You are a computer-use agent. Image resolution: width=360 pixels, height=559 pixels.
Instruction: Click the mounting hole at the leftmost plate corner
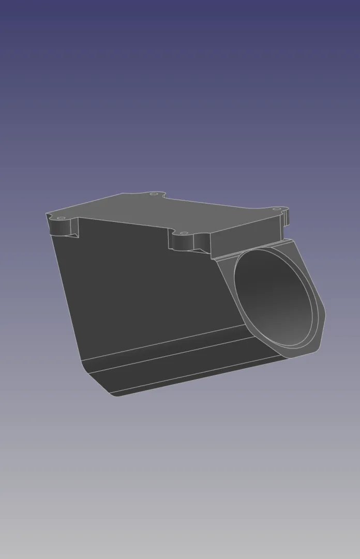click(59, 218)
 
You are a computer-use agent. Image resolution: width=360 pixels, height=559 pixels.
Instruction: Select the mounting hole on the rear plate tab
click(153, 194)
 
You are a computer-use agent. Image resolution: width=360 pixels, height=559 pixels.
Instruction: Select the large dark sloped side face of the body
click(145, 290)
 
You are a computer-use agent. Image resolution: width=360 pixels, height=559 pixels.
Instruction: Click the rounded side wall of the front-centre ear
click(184, 242)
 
